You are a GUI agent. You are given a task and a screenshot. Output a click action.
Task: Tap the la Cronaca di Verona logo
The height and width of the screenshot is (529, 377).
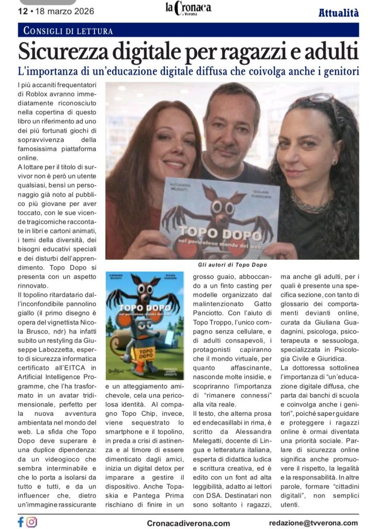[188, 9]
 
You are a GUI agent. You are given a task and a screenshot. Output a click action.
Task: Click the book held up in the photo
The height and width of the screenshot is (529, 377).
[219, 217]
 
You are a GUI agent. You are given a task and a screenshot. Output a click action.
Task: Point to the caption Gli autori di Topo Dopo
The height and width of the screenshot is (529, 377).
[231, 264]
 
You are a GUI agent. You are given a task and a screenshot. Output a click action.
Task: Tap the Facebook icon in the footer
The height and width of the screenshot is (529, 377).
[21, 522]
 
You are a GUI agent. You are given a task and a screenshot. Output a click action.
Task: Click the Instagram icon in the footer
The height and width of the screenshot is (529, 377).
[32, 522]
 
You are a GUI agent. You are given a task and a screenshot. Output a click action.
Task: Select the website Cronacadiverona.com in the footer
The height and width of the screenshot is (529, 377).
[188, 523]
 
